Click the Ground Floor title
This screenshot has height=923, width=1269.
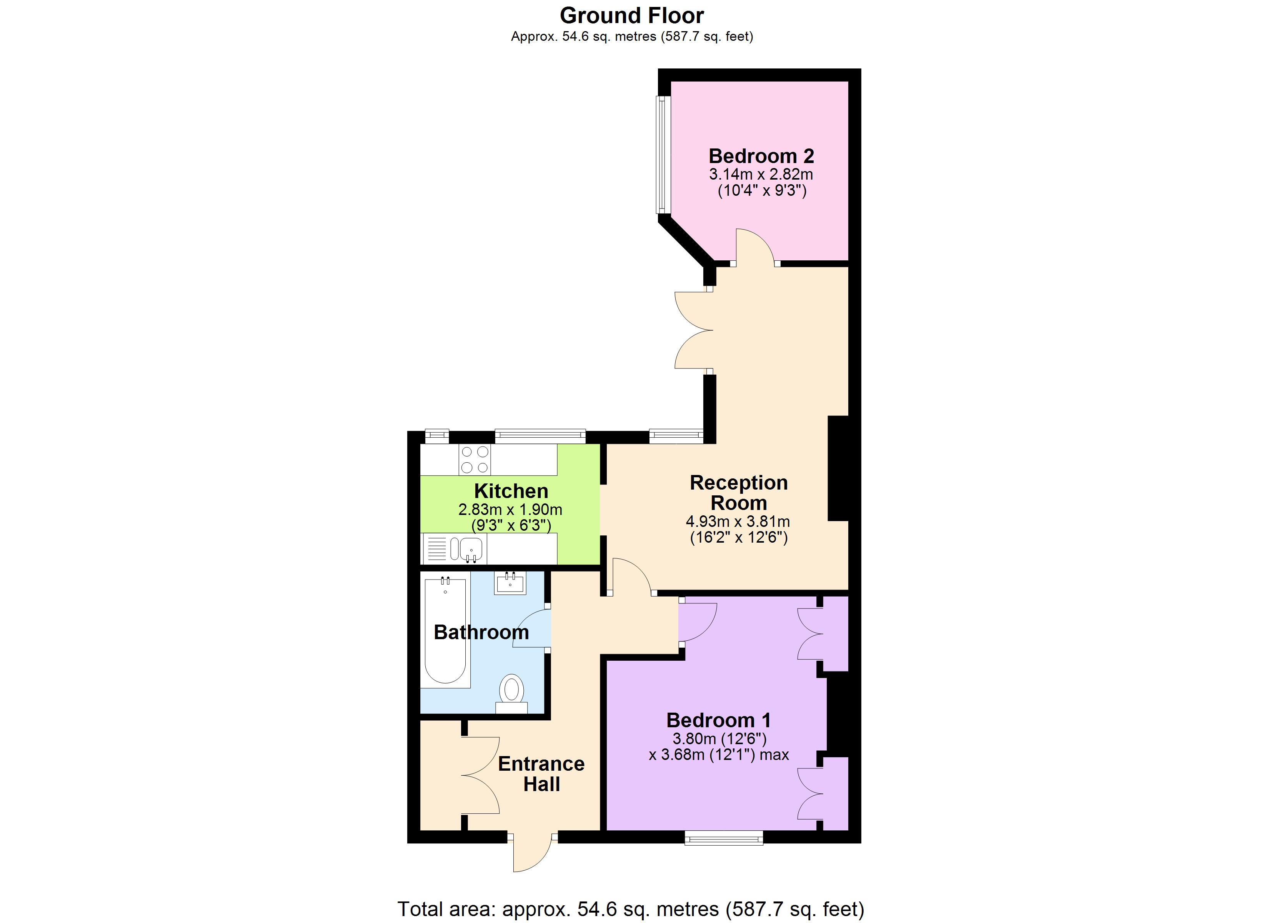[x=632, y=16]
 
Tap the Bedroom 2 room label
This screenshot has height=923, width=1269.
[x=761, y=156]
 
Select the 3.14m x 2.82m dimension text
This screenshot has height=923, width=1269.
[x=761, y=174]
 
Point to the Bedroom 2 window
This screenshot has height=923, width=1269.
[x=663, y=155]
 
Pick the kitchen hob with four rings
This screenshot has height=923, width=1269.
[x=475, y=460]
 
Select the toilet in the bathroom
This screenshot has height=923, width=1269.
[x=511, y=694]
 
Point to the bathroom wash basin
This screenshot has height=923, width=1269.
[x=510, y=583]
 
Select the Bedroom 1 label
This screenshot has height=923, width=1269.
[x=718, y=720]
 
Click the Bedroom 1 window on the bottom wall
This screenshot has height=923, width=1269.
[x=724, y=837]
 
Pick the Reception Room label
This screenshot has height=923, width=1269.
[x=739, y=493]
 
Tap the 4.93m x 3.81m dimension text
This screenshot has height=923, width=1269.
[x=738, y=521]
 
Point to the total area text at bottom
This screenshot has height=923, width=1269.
[x=631, y=909]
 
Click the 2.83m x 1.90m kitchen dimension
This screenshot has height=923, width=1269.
[x=510, y=510]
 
